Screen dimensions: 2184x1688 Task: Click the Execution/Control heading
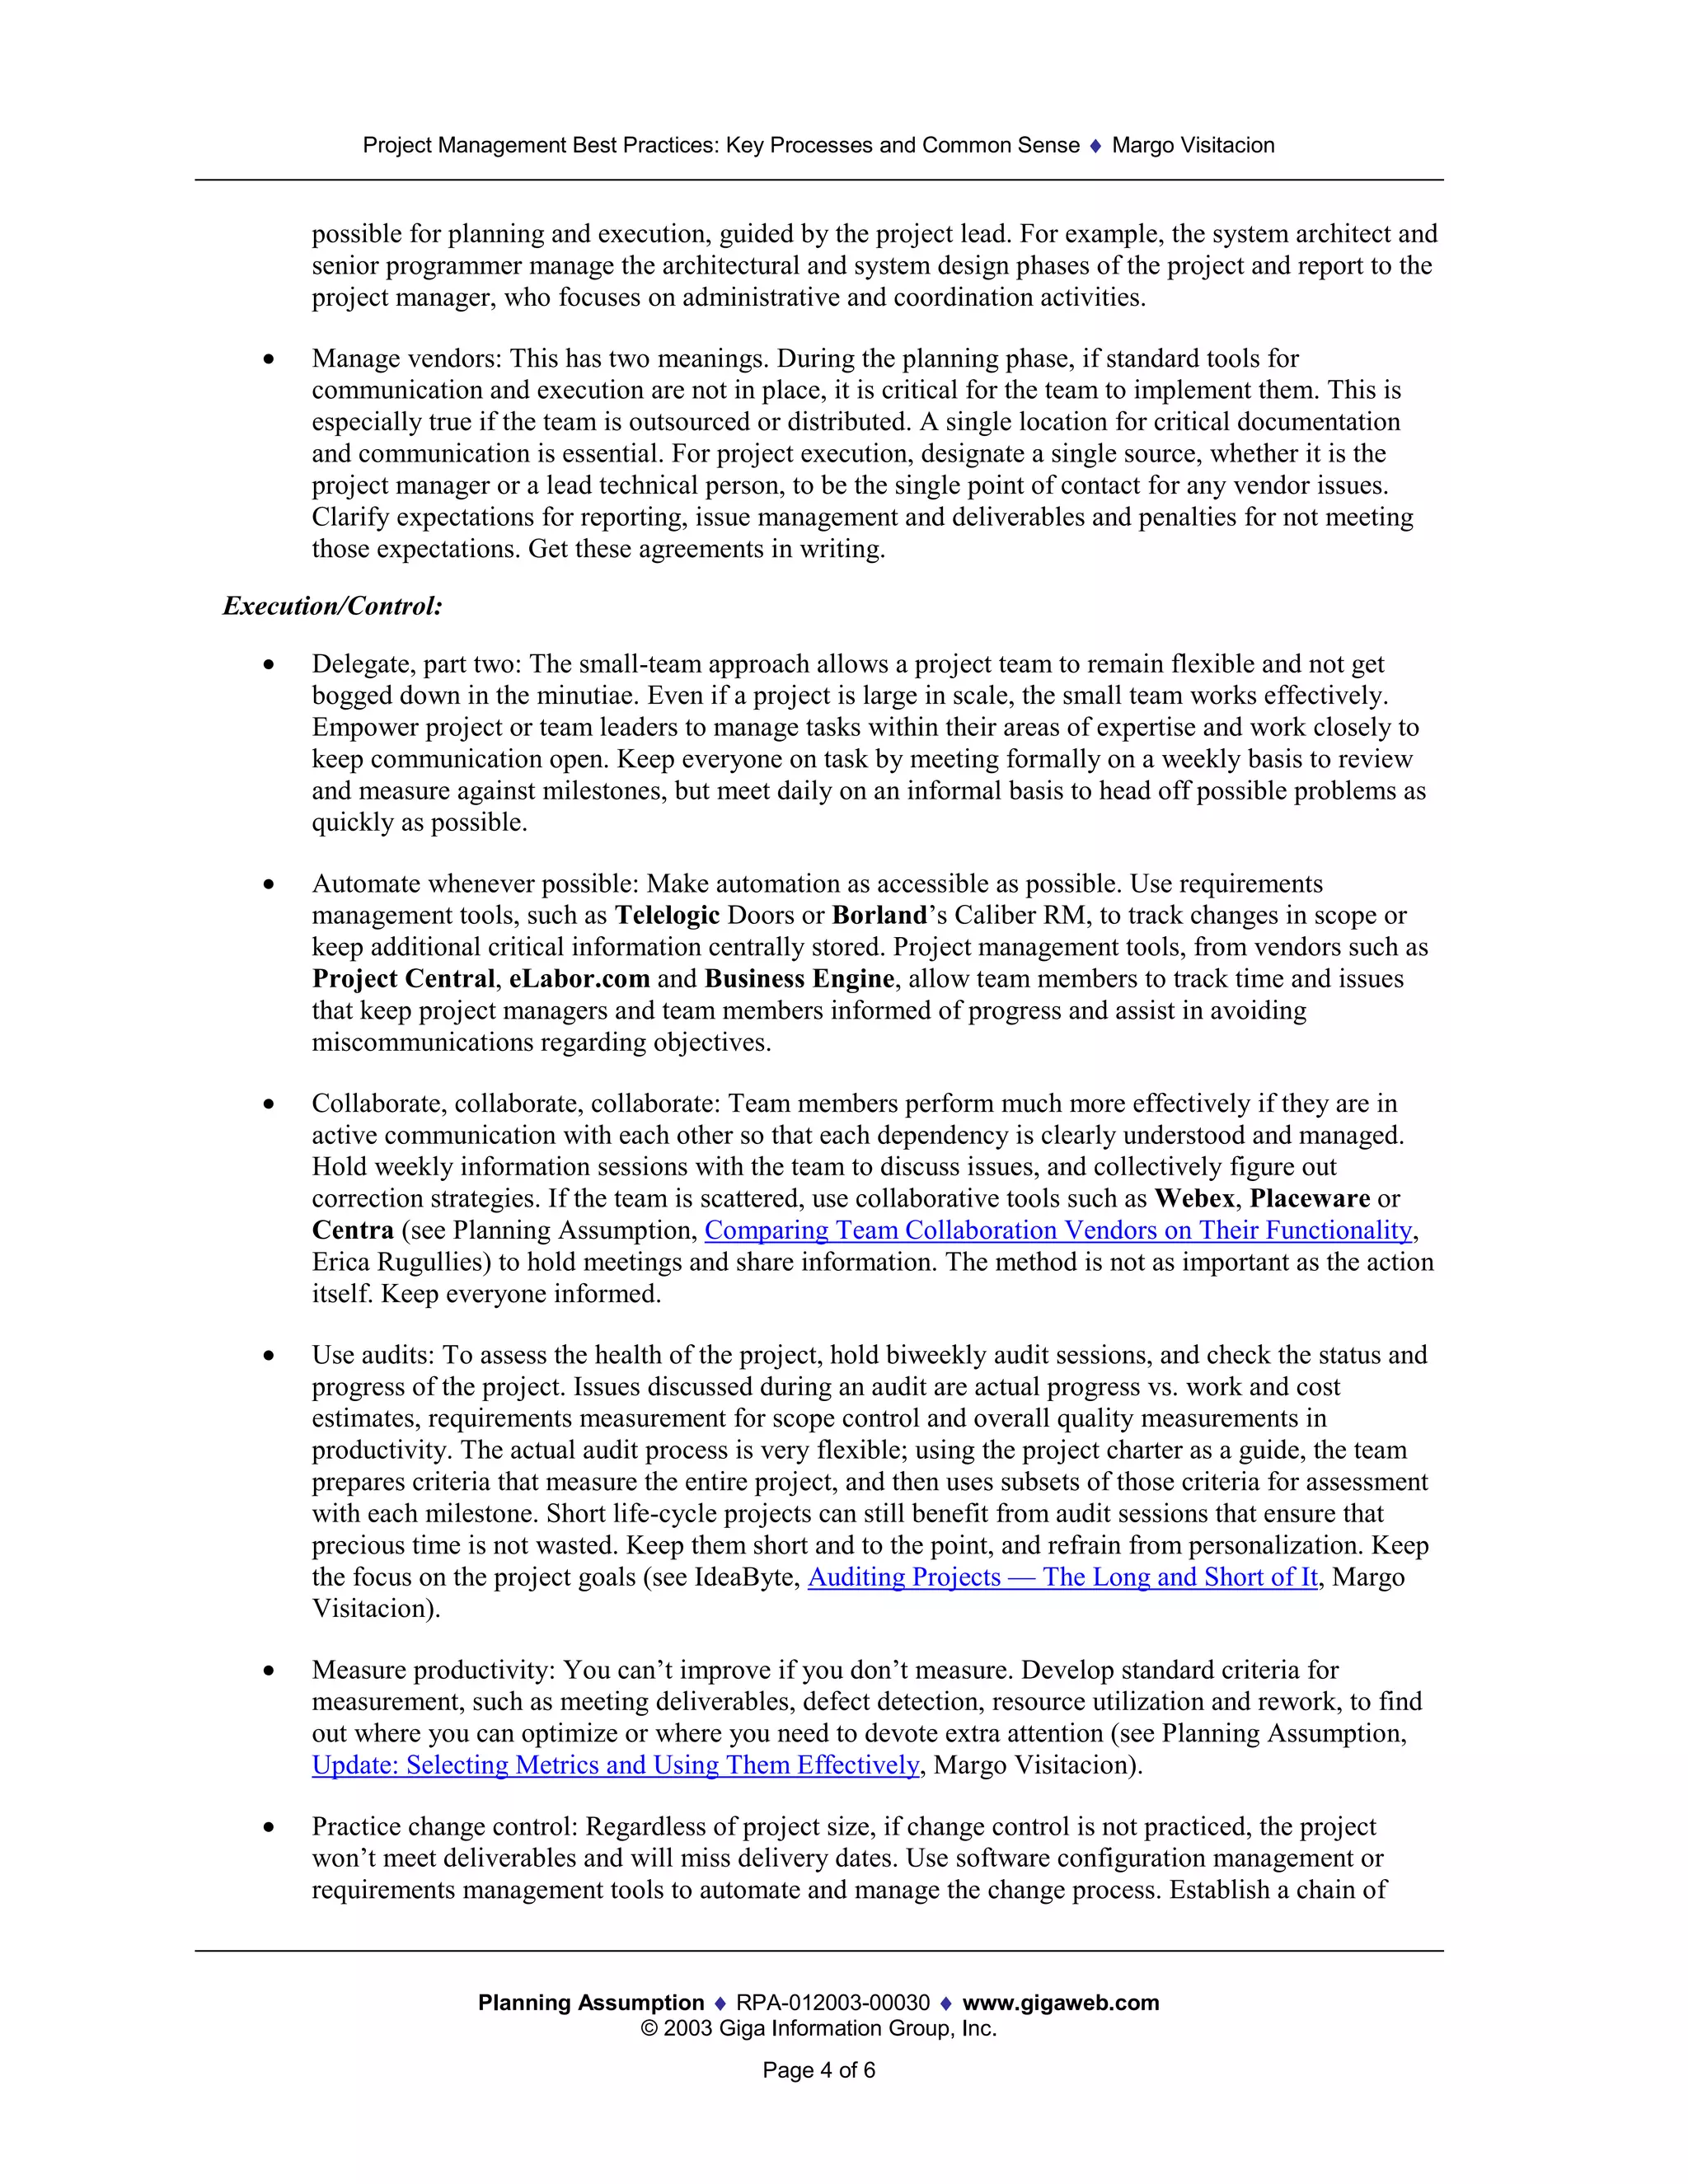(x=332, y=606)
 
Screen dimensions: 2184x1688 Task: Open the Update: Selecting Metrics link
(x=615, y=1765)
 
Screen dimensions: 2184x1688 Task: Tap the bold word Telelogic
(x=667, y=915)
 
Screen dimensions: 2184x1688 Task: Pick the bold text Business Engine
(x=799, y=979)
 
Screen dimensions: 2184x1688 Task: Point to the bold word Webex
(x=1194, y=1198)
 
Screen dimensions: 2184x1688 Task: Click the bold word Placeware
(x=1309, y=1198)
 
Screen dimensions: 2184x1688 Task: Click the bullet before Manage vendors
(x=268, y=359)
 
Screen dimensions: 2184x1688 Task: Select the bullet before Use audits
(x=268, y=1356)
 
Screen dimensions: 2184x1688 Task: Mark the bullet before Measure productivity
(x=268, y=1671)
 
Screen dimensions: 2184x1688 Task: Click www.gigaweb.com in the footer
(x=1060, y=2002)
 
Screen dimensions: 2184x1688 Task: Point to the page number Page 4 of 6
(x=818, y=2070)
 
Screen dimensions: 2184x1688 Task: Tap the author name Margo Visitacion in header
(x=1192, y=145)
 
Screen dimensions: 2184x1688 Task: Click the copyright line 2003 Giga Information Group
(x=818, y=2028)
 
